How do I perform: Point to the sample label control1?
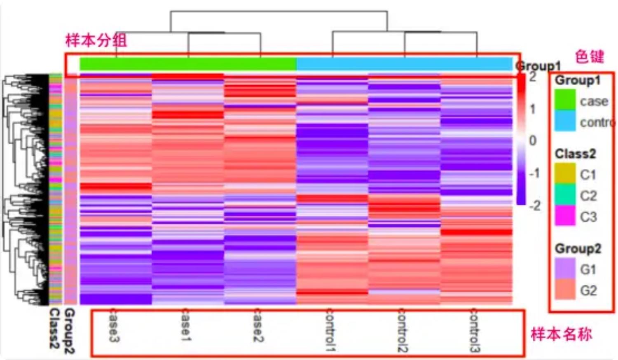click(x=330, y=330)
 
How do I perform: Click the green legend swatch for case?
click(x=565, y=100)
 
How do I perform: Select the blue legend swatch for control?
click(x=565, y=121)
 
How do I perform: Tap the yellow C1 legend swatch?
click(x=565, y=173)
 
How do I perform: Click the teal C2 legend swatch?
click(x=565, y=194)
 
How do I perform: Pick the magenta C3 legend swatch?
click(x=565, y=215)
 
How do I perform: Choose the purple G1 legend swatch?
click(x=565, y=268)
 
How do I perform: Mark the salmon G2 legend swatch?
click(x=565, y=289)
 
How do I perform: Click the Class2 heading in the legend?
click(x=575, y=154)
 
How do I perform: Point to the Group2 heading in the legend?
click(x=578, y=249)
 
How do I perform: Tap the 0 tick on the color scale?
click(x=533, y=140)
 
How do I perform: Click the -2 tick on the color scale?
click(x=534, y=206)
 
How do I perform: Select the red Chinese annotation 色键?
click(x=589, y=56)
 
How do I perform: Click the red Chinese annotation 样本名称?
click(x=561, y=334)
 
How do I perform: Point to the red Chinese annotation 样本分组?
click(x=96, y=40)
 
